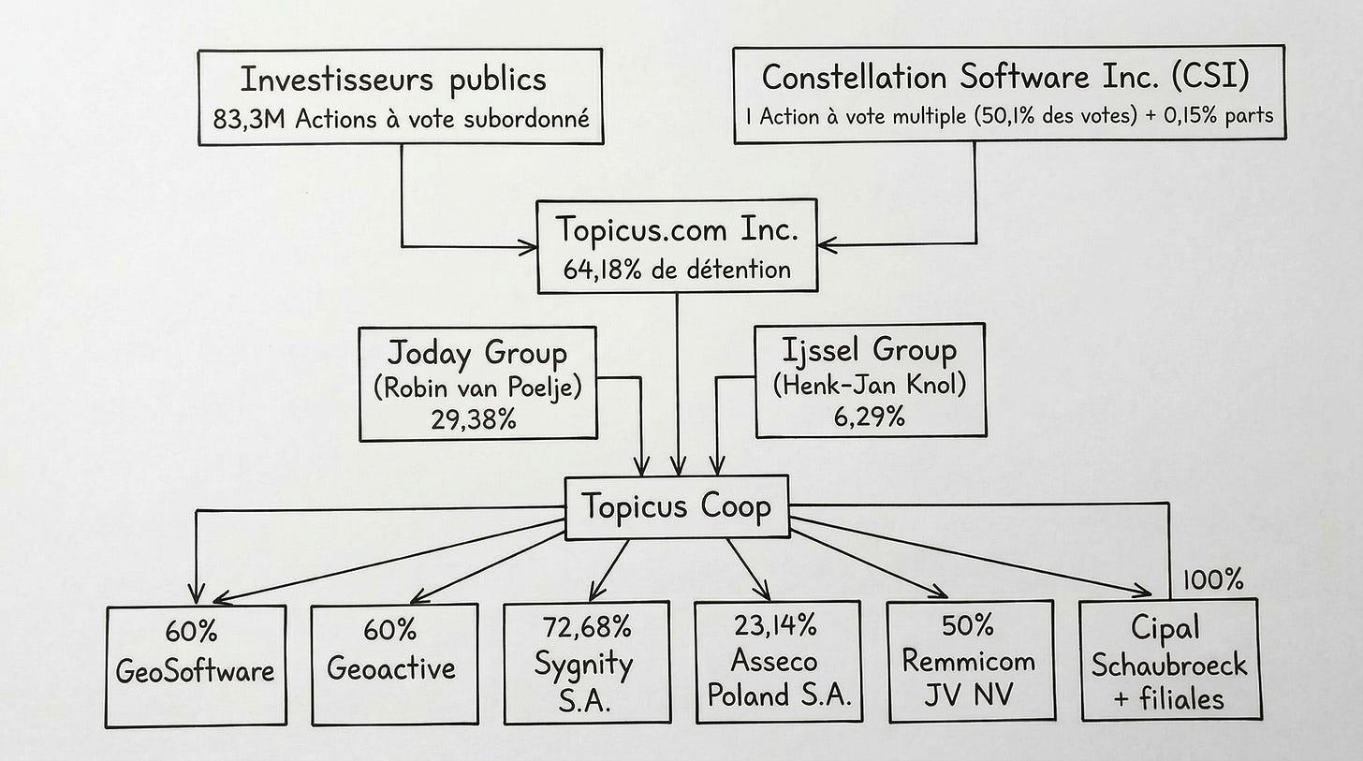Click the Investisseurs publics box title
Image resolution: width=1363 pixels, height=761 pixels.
tap(393, 80)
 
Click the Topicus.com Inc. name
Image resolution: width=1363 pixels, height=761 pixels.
tap(676, 229)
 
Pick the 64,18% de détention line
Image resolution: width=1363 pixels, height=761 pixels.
tap(676, 270)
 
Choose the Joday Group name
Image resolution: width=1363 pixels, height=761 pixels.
tap(476, 354)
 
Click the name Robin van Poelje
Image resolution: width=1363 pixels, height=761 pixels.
tap(476, 387)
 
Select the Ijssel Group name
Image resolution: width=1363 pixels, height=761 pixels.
tap(870, 351)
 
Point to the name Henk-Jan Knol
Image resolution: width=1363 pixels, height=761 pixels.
tap(870, 384)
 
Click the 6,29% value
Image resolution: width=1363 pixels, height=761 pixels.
tap(870, 416)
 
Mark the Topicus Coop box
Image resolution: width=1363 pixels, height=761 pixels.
tap(677, 507)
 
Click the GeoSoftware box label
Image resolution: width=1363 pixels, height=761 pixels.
tap(196, 670)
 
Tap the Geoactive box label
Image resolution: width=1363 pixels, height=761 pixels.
tap(393, 667)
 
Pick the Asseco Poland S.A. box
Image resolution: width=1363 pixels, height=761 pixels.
tap(777, 663)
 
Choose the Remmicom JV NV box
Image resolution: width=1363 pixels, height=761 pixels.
tap(969, 663)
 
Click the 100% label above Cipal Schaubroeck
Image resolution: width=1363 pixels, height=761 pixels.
tap(1212, 580)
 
